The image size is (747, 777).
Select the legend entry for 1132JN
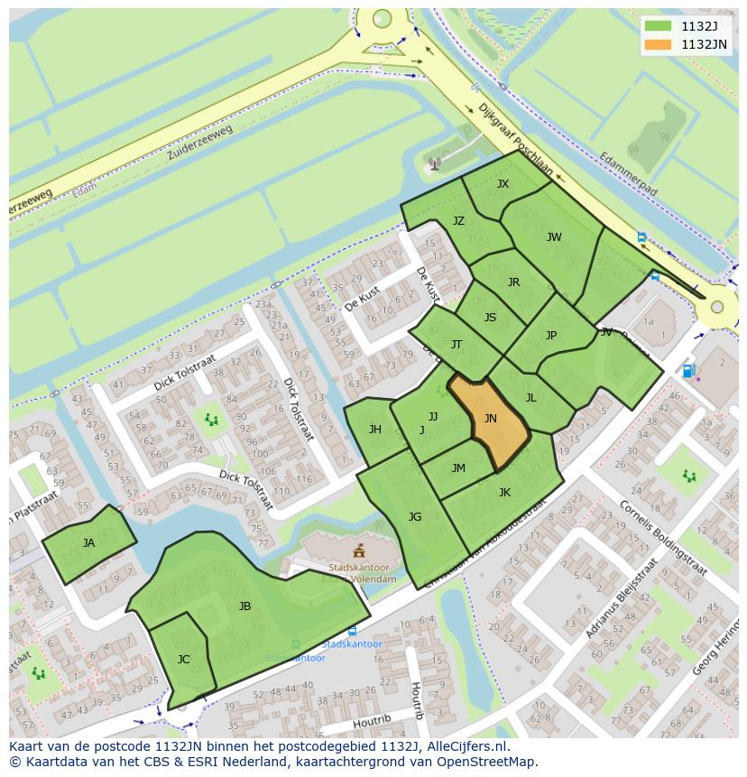[704, 44]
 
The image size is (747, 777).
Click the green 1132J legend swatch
[658, 26]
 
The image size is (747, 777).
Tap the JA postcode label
[88, 543]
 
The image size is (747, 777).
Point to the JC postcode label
[184, 660]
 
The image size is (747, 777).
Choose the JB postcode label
[244, 606]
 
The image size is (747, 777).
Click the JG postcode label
[415, 517]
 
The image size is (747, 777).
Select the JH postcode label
[374, 430]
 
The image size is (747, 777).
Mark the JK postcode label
[504, 493]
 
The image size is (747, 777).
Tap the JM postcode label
[458, 467]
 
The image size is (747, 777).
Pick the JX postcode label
[503, 184]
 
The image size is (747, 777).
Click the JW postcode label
[554, 237]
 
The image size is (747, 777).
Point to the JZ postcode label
[458, 221]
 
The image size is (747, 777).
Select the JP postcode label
[551, 336]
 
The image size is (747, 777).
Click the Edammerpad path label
[628, 174]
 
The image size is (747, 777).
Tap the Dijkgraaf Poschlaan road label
[514, 139]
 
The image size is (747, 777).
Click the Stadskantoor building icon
[359, 550]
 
